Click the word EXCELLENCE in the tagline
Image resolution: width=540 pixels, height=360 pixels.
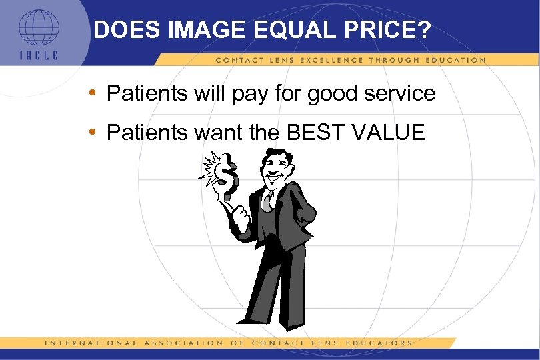coord(340,60)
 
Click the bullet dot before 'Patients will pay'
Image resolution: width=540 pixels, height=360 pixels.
coord(98,93)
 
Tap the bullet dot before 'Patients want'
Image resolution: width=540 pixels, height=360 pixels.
coord(98,132)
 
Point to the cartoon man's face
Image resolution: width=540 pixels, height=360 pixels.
coord(275,169)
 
